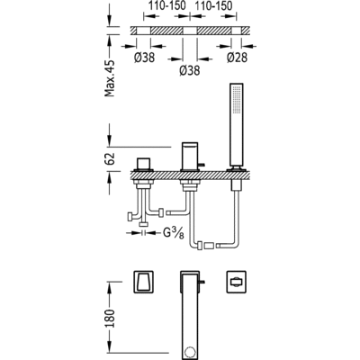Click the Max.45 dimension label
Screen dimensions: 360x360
pyautogui.click(x=110, y=78)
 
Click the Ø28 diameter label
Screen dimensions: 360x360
pyautogui.click(x=237, y=58)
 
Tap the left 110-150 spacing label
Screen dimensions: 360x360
pyautogui.click(x=167, y=5)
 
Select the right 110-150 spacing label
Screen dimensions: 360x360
pyautogui.click(x=213, y=5)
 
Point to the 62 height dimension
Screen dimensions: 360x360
pyautogui.click(x=110, y=158)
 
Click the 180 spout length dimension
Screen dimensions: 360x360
pyautogui.click(x=110, y=319)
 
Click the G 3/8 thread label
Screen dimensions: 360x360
pyautogui.click(x=174, y=233)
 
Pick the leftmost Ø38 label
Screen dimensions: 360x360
pyautogui.click(x=144, y=58)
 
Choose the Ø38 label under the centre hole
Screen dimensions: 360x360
pyautogui.click(x=190, y=70)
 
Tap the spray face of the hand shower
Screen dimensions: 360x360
pyautogui.click(x=237, y=100)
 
